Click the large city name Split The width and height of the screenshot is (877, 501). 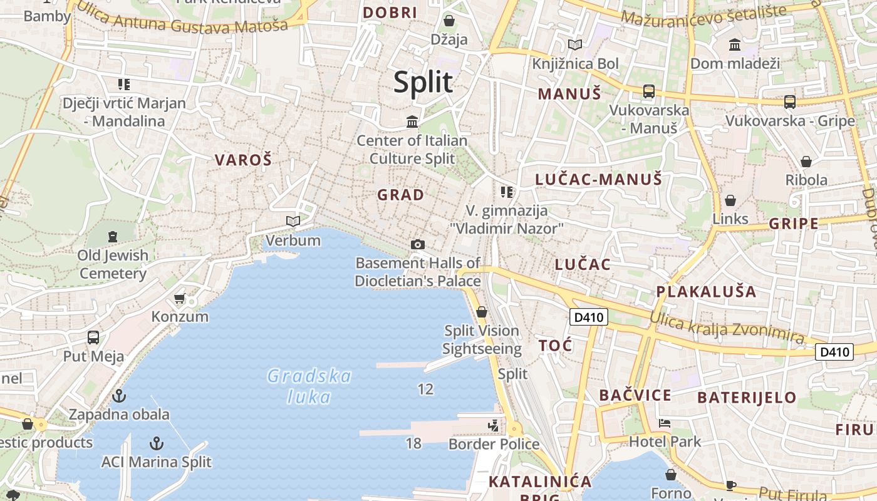tap(423, 82)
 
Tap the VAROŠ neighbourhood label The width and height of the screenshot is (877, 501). tap(243, 160)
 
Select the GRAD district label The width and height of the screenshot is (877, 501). tap(400, 195)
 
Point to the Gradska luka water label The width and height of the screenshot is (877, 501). tap(309, 386)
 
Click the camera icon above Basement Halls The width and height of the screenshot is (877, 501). tap(417, 244)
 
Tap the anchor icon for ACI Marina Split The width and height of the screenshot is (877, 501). tap(157, 444)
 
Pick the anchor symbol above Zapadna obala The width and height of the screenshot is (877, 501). tap(119, 396)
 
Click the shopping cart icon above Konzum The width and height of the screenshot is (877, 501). tap(180, 298)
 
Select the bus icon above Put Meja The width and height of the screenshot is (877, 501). tap(93, 338)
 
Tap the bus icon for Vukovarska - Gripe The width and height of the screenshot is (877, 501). tap(790, 101)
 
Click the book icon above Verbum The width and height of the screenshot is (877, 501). tap(293, 221)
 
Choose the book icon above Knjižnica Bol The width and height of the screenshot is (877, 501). tap(575, 44)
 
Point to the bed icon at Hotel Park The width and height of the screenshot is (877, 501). tap(665, 423)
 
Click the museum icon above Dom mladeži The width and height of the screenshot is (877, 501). tap(735, 45)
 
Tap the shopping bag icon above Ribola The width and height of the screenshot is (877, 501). tap(806, 162)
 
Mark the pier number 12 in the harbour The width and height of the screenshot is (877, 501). tap(425, 390)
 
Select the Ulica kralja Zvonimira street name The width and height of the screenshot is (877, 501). tap(727, 328)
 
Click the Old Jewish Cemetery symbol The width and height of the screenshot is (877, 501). tap(113, 237)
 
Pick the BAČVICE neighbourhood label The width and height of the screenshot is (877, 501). tap(635, 395)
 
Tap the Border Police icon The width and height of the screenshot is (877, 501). tap(494, 426)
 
